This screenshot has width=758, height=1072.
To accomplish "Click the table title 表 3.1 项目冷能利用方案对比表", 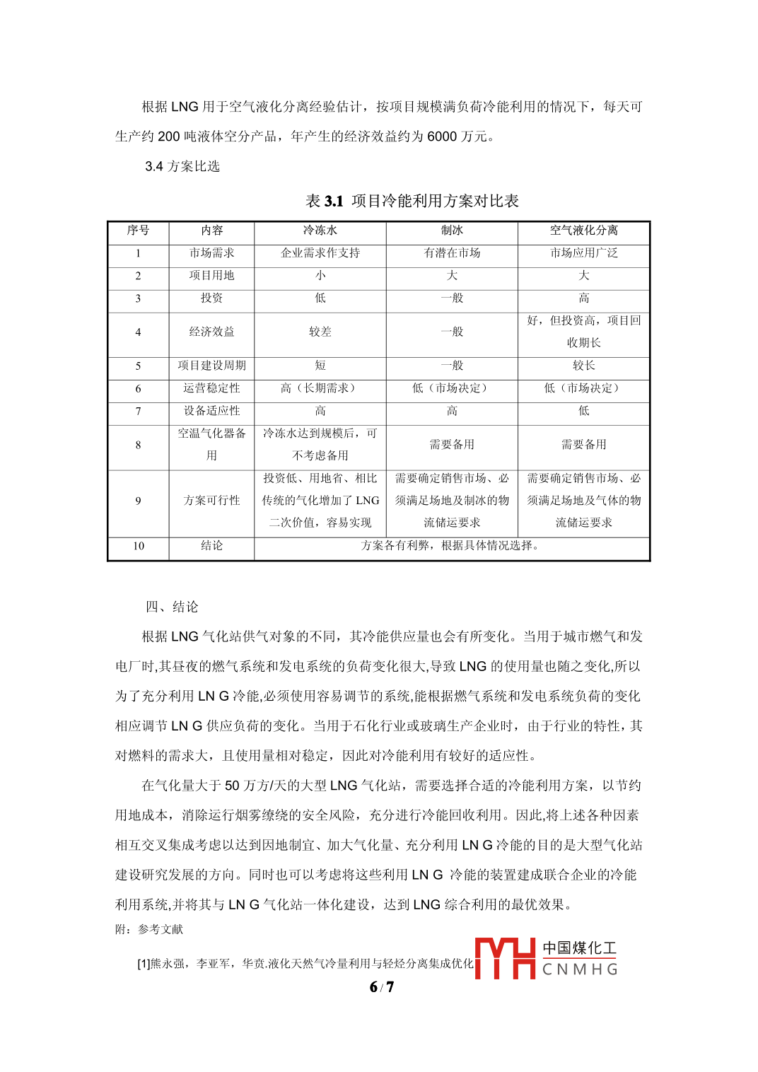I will pyautogui.click(x=412, y=202).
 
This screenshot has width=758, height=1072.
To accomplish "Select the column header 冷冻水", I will pyautogui.click(x=320, y=231).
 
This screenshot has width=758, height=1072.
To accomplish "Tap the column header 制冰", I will pyautogui.click(x=452, y=231).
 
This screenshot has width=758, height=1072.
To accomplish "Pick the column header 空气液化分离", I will pyautogui.click(x=583, y=231).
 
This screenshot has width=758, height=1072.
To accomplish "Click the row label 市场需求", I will pyautogui.click(x=211, y=253).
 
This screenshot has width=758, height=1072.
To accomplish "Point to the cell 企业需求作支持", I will pyautogui.click(x=320, y=253).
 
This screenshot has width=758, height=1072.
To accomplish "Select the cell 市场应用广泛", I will pyautogui.click(x=583, y=253).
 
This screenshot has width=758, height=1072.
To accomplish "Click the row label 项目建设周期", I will pyautogui.click(x=211, y=366).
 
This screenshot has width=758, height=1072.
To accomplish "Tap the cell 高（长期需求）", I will pyautogui.click(x=320, y=388).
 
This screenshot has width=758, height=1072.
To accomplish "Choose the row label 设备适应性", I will pyautogui.click(x=211, y=411).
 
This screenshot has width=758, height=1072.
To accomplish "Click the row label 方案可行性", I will pyautogui.click(x=211, y=501).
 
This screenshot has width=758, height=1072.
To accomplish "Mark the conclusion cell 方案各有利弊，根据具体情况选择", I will pyautogui.click(x=451, y=546).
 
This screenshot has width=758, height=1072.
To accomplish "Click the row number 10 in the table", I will pyautogui.click(x=139, y=546).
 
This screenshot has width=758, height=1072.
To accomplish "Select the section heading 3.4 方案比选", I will pyautogui.click(x=182, y=166).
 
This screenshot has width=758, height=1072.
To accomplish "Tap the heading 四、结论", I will pyautogui.click(x=172, y=607).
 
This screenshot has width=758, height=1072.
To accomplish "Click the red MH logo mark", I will pyautogui.click(x=505, y=958).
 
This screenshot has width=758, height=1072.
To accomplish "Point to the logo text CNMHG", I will pyautogui.click(x=580, y=969).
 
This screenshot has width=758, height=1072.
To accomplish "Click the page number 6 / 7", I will pyautogui.click(x=382, y=987).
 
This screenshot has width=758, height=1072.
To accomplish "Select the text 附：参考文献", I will pyautogui.click(x=149, y=929).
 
